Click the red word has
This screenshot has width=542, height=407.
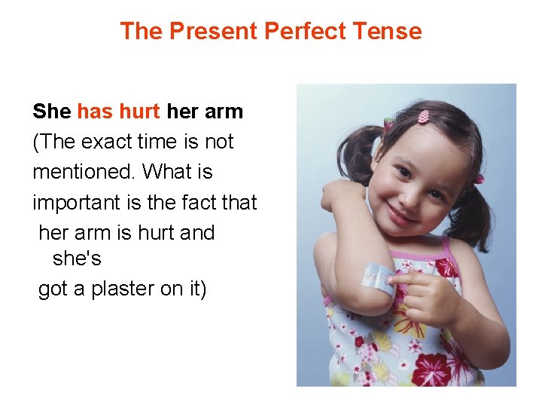tap(94, 112)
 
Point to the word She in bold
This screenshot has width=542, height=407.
tap(51, 112)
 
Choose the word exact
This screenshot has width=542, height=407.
tap(104, 142)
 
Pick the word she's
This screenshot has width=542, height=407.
tap(77, 259)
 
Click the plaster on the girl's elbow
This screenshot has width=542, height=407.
tap(379, 277)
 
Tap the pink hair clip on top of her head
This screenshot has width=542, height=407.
tap(423, 117)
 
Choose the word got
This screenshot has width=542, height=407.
tap(53, 289)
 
